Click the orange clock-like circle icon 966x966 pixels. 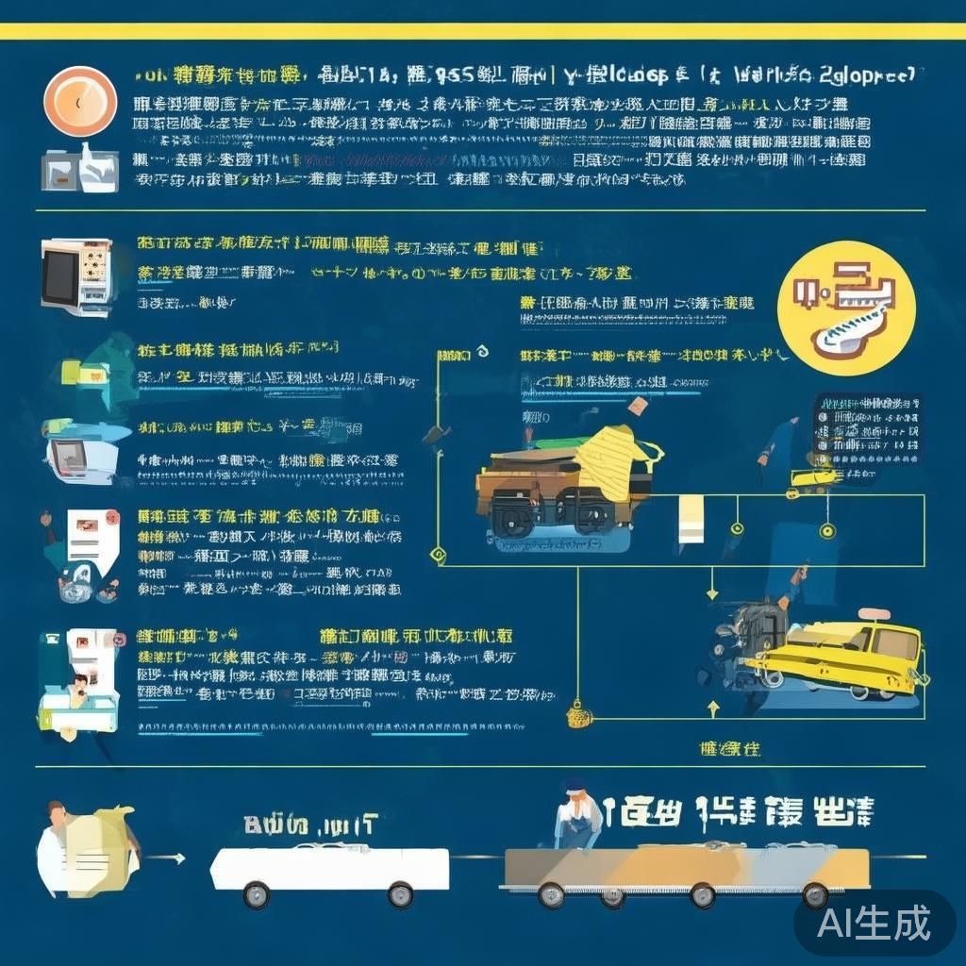[79, 100]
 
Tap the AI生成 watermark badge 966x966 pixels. [874, 922]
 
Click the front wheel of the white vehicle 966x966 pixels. [400, 893]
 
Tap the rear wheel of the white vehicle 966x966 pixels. [256, 893]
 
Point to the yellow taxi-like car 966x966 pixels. [836, 657]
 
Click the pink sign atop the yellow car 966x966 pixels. [874, 614]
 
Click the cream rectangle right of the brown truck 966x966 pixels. [691, 520]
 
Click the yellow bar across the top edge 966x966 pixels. [483, 32]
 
